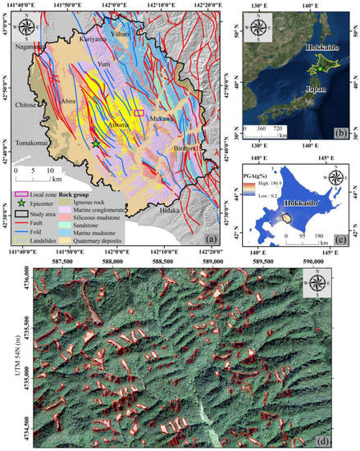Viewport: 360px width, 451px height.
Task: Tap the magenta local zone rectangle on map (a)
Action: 139,110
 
